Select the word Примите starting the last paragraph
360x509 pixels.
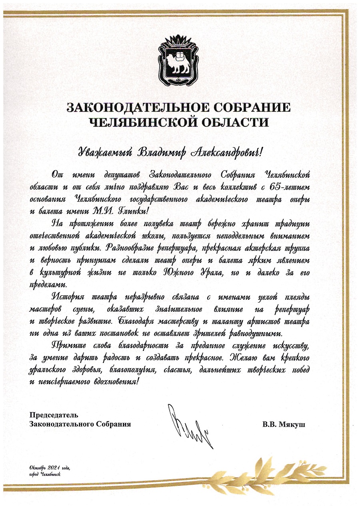click(71, 345)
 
